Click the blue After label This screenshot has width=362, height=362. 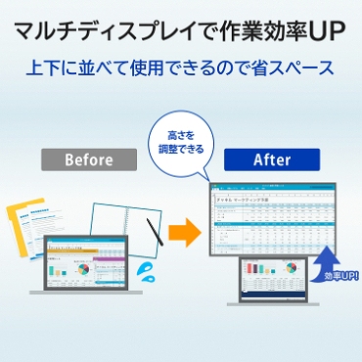[x=270, y=158]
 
